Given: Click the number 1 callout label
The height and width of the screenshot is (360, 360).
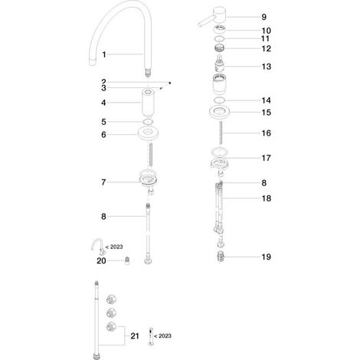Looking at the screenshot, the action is tap(104, 54).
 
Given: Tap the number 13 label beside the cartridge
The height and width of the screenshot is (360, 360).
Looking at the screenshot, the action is tap(266, 67).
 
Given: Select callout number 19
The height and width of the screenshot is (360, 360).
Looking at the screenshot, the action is tap(266, 257).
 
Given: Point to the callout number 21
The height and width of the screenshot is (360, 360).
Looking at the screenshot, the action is tap(135, 336).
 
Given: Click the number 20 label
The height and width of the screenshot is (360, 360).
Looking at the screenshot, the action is tap(101, 260).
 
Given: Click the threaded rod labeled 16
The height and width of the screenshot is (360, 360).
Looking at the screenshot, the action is tap(221, 133).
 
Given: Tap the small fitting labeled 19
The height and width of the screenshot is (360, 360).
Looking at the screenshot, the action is tap(220, 257).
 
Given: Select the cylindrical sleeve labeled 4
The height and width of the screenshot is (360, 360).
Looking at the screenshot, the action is tap(148, 103).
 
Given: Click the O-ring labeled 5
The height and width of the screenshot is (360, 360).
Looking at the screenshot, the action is tap(148, 122).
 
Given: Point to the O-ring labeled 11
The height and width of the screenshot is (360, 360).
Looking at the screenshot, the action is tap(220, 39).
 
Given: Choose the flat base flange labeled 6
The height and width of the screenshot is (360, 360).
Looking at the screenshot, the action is tap(148, 134).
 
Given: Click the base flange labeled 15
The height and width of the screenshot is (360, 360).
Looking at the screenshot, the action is tap(220, 113).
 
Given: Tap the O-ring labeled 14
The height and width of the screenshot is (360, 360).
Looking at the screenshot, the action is tap(220, 100).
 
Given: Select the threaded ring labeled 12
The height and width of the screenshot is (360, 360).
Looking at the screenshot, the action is tap(220, 47).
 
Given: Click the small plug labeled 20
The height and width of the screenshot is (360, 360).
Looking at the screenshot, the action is tap(127, 261).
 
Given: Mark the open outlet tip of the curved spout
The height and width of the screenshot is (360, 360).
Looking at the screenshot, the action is tap(93, 62).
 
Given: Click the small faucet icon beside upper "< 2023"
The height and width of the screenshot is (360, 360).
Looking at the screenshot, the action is tap(98, 247).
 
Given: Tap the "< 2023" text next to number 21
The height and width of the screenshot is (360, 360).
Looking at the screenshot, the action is tap(163, 335).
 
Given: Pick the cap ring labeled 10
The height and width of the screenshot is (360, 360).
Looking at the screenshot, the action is tap(220, 30).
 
